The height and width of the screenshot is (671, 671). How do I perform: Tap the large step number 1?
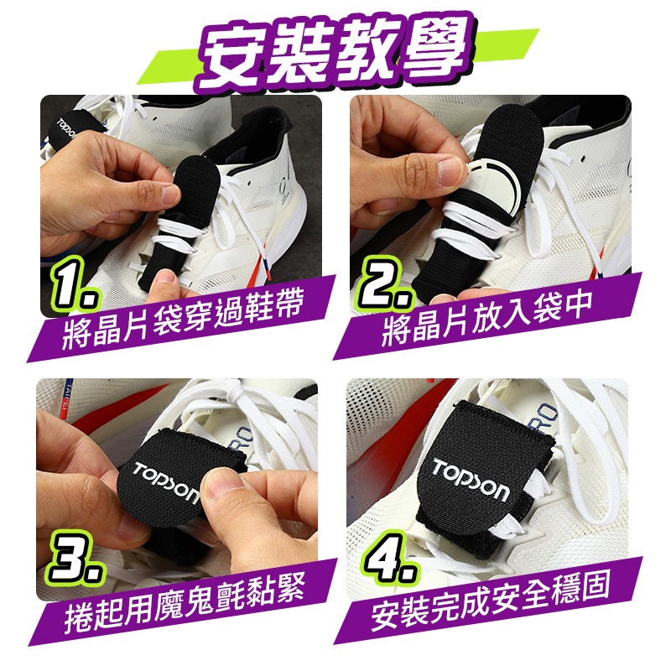75,283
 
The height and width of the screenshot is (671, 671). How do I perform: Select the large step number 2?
386,283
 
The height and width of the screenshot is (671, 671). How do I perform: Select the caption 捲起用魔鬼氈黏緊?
185,602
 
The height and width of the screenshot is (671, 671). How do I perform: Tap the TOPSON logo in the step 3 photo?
165,482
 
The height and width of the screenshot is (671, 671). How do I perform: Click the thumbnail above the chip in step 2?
450,170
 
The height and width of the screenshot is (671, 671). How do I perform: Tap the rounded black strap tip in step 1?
198,171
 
